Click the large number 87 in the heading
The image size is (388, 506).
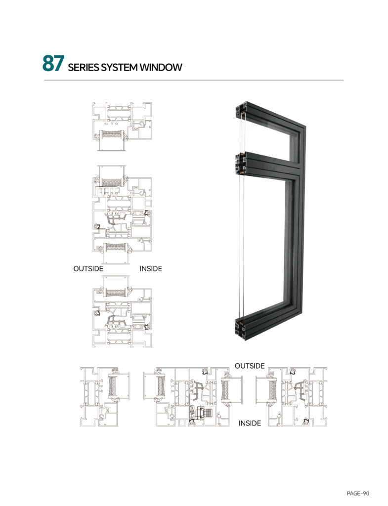click(x=53, y=63)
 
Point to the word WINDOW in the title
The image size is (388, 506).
click(x=161, y=67)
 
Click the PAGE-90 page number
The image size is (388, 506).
click(x=358, y=493)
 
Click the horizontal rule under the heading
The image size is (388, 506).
click(x=194, y=80)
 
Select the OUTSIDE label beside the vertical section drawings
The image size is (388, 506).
click(x=88, y=268)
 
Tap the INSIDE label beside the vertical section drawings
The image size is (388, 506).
click(x=151, y=268)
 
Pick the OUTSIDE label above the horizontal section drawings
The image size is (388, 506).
click(x=250, y=366)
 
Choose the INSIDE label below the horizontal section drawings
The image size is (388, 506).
click(x=250, y=423)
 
